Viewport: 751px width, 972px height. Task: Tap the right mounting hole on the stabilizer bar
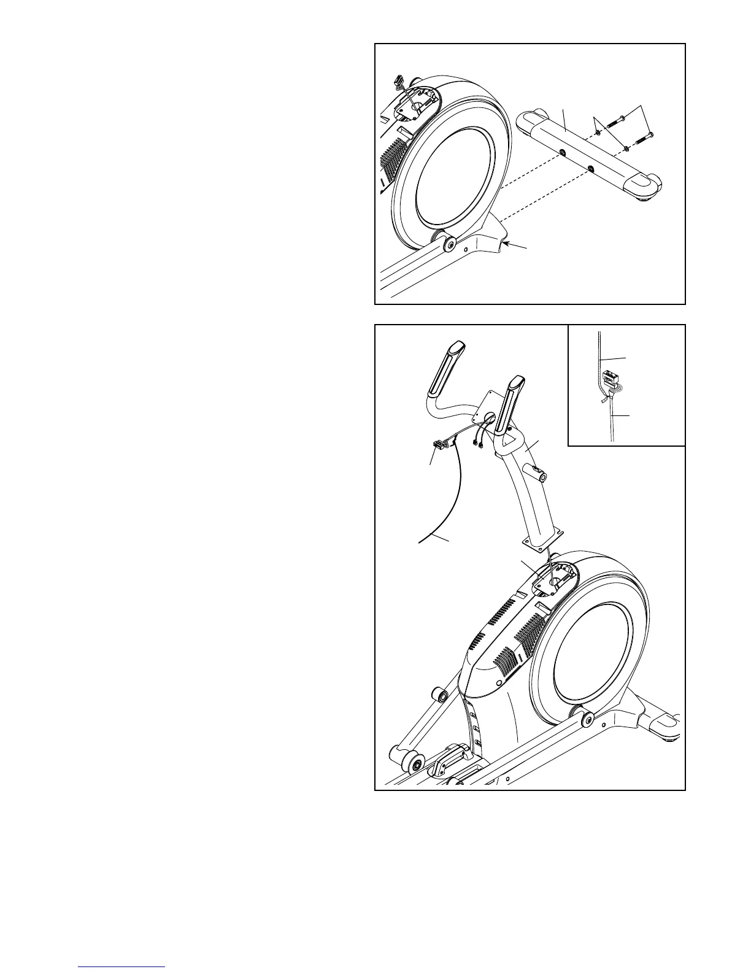point(590,168)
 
